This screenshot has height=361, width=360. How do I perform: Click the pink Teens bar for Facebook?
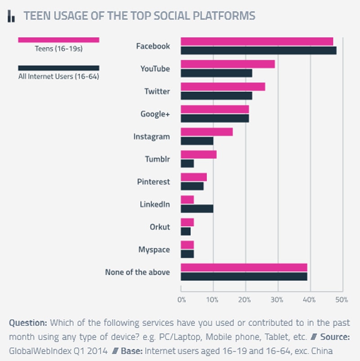click(256, 41)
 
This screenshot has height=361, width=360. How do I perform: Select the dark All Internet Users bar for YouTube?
click(216, 73)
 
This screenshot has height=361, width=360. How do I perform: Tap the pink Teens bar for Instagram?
click(207, 131)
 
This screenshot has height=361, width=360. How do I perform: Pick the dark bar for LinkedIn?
click(197, 209)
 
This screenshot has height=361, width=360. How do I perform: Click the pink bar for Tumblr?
click(198, 154)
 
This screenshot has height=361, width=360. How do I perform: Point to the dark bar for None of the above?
click(243, 276)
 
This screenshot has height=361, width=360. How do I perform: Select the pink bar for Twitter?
click(223, 86)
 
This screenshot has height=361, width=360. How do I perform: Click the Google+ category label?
click(155, 114)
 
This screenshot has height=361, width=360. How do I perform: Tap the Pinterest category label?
click(153, 182)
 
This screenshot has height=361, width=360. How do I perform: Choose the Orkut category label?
click(160, 227)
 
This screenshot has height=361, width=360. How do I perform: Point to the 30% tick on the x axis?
click(278, 299)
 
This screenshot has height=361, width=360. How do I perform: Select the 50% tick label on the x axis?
click(342, 299)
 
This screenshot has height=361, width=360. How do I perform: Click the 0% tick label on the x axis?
click(181, 299)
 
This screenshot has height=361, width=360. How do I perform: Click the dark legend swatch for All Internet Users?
click(58, 68)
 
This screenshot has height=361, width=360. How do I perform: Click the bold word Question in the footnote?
click(28, 323)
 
